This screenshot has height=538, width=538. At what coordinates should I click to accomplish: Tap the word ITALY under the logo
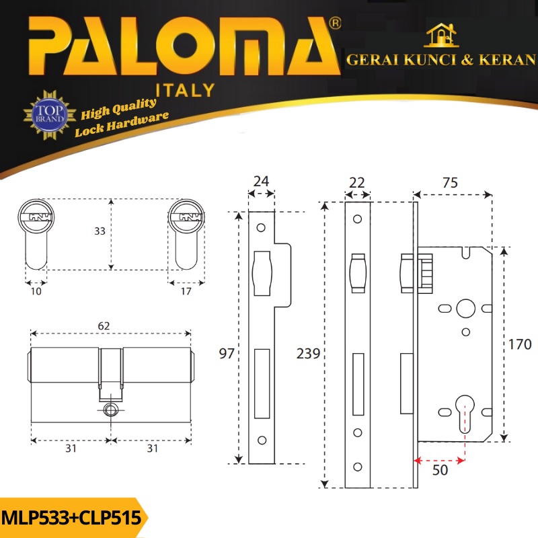(185, 90)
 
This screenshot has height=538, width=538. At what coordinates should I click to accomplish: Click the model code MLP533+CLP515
(71, 518)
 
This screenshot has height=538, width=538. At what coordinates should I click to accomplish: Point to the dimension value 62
(104, 325)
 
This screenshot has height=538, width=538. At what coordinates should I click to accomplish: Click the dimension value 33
(100, 231)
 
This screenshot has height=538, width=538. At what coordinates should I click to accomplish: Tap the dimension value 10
(36, 291)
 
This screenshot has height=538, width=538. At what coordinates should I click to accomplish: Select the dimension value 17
(186, 291)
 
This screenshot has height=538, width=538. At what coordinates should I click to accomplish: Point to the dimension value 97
(227, 354)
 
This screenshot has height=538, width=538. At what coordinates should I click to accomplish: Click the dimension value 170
(520, 345)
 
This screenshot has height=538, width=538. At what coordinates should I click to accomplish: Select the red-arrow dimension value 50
(440, 471)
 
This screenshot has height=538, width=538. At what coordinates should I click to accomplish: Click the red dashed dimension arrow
(439, 461)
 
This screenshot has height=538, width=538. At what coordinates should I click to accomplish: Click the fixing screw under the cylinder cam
(110, 410)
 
